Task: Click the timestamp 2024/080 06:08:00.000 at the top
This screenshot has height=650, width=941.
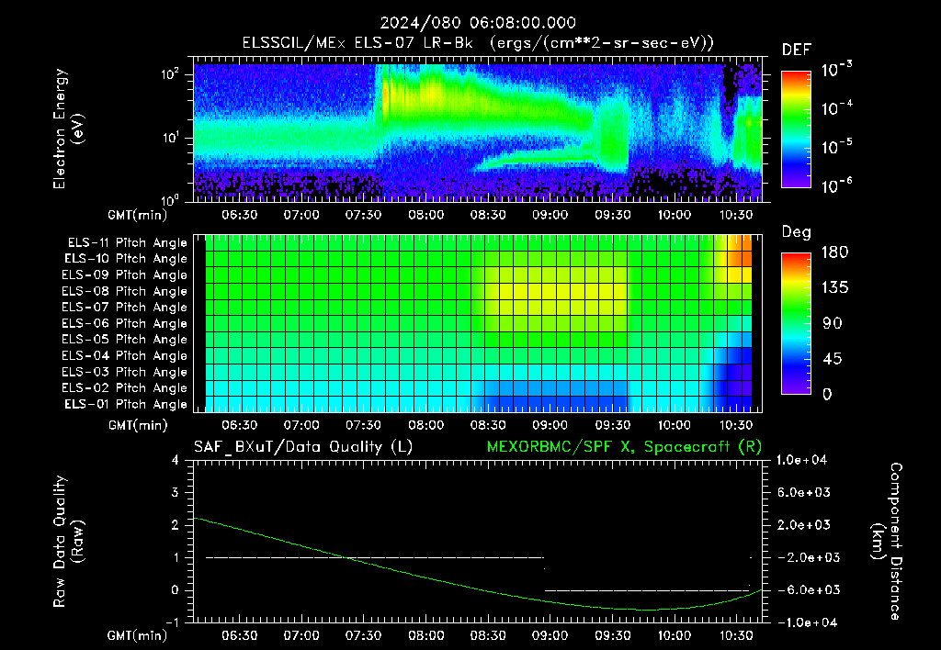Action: pos(478,23)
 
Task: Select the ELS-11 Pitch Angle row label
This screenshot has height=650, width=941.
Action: pos(127,243)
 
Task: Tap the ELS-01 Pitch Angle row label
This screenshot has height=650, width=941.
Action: pos(125,405)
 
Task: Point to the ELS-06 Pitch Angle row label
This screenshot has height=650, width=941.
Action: pos(124,324)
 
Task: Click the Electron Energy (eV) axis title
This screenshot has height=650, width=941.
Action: pos(67,129)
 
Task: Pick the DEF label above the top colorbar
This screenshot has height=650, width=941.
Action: pos(797,50)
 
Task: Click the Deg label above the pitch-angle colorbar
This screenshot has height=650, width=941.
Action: pos(796,232)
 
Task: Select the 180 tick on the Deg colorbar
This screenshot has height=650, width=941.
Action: pos(834,252)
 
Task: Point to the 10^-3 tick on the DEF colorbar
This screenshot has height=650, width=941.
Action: pos(837,69)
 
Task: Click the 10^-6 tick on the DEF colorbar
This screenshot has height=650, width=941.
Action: pos(837,185)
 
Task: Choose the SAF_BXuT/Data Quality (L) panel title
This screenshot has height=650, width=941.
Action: pos(303,447)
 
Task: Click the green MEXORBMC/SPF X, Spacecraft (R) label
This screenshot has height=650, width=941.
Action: pos(624,447)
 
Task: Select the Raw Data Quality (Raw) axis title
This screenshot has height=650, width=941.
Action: pos(67,542)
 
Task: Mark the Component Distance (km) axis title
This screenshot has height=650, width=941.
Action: pos(888,542)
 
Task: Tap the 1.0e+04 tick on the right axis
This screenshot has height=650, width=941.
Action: pos(801,460)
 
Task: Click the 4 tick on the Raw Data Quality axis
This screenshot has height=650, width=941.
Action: pos(176,460)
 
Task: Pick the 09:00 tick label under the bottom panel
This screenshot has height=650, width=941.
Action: pos(550,635)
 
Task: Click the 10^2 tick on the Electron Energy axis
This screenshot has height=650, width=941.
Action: pos(170,74)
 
